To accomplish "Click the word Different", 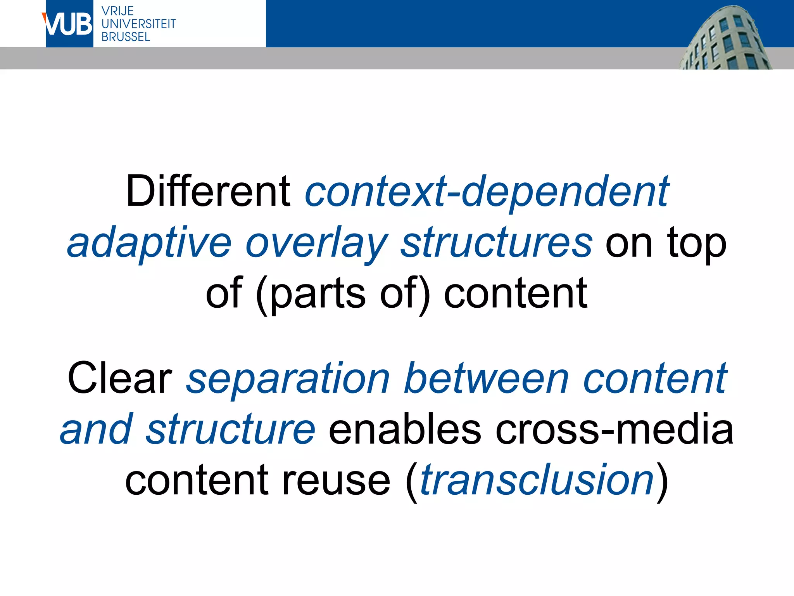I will [208, 191].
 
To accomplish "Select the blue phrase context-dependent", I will [487, 191].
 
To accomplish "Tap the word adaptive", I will [149, 243].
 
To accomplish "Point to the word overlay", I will [316, 243].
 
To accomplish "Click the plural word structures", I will [496, 243].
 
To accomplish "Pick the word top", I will [696, 243].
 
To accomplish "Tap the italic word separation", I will [288, 378].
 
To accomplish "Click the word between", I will [486, 378].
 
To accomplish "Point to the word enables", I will [404, 430].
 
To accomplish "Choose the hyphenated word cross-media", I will [614, 430].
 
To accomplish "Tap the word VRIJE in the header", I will [117, 11].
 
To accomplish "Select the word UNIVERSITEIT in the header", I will [138, 24].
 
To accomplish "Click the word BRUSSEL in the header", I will [126, 37].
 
